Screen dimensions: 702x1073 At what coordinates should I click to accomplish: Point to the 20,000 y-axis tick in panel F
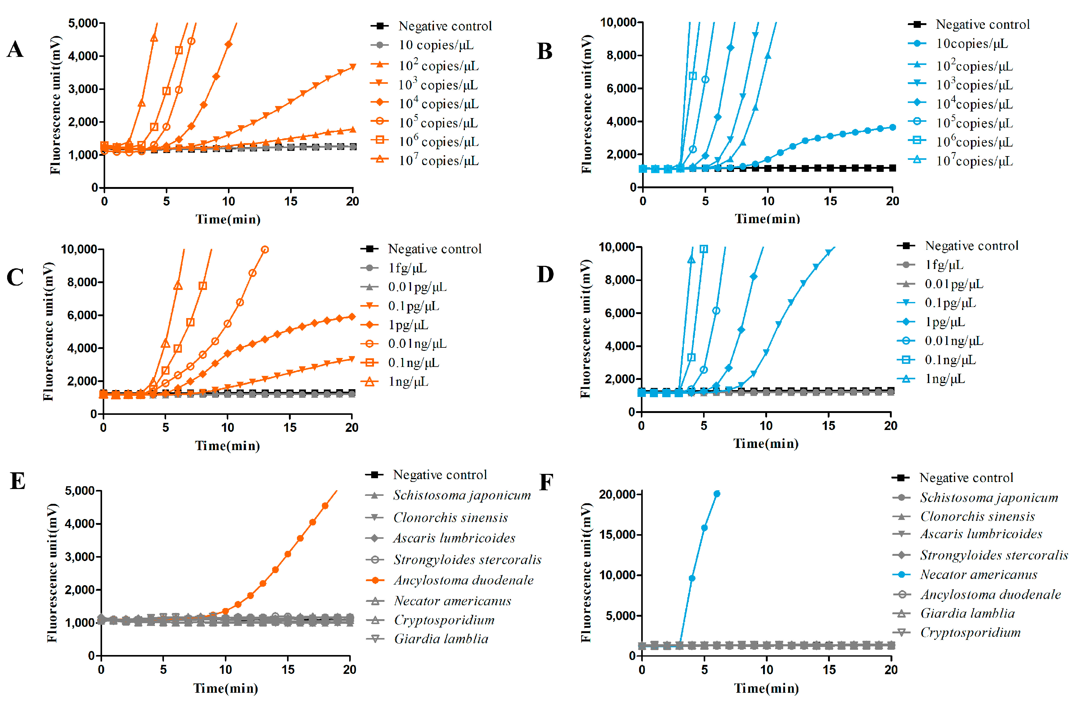click(x=617, y=494)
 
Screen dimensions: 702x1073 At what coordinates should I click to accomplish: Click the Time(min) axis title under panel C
click(x=227, y=446)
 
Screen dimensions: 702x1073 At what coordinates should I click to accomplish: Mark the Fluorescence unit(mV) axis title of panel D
click(x=585, y=329)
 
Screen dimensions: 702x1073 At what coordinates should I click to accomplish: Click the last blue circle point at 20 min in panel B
click(x=892, y=128)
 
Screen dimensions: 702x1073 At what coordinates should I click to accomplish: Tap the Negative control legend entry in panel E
click(x=440, y=475)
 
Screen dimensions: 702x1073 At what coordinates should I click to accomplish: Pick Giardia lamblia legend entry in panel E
click(x=441, y=639)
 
